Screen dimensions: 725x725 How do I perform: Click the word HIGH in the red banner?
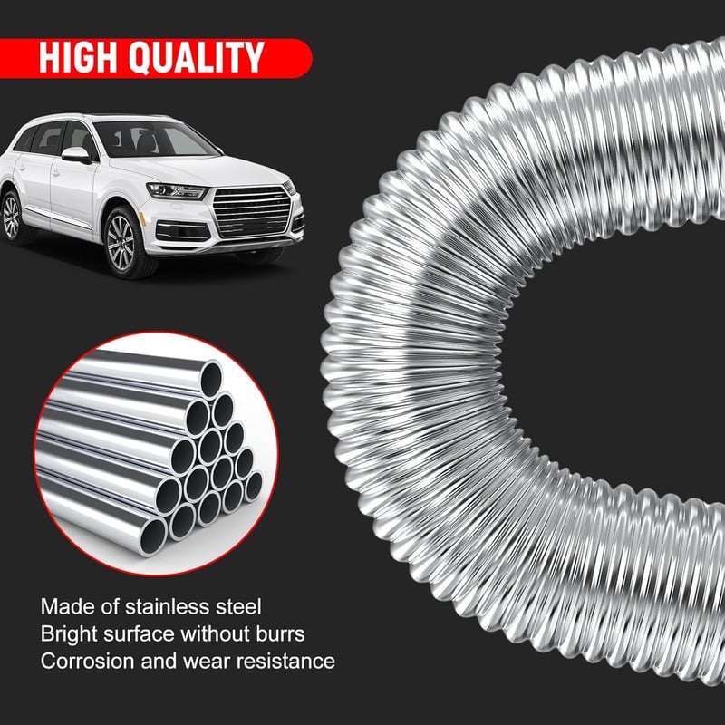pos(78,57)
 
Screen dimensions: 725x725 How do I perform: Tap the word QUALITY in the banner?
pos(197,58)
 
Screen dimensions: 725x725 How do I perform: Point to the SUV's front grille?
pos(252,211)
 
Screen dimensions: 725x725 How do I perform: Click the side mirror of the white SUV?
pos(76,155)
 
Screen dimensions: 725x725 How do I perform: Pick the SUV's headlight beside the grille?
pos(176,191)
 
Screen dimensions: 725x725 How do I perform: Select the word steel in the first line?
pos(238,606)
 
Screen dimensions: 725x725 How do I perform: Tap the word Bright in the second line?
pos(69,633)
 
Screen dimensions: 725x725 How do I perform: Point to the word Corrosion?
pos(87,662)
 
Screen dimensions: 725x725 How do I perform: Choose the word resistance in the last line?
pos(285,662)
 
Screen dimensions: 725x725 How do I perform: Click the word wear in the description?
pos(207,662)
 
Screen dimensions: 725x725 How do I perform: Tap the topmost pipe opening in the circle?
pos(211,380)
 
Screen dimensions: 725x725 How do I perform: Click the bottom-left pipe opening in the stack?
pos(153,536)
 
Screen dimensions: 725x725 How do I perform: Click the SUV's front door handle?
pos(55,174)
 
